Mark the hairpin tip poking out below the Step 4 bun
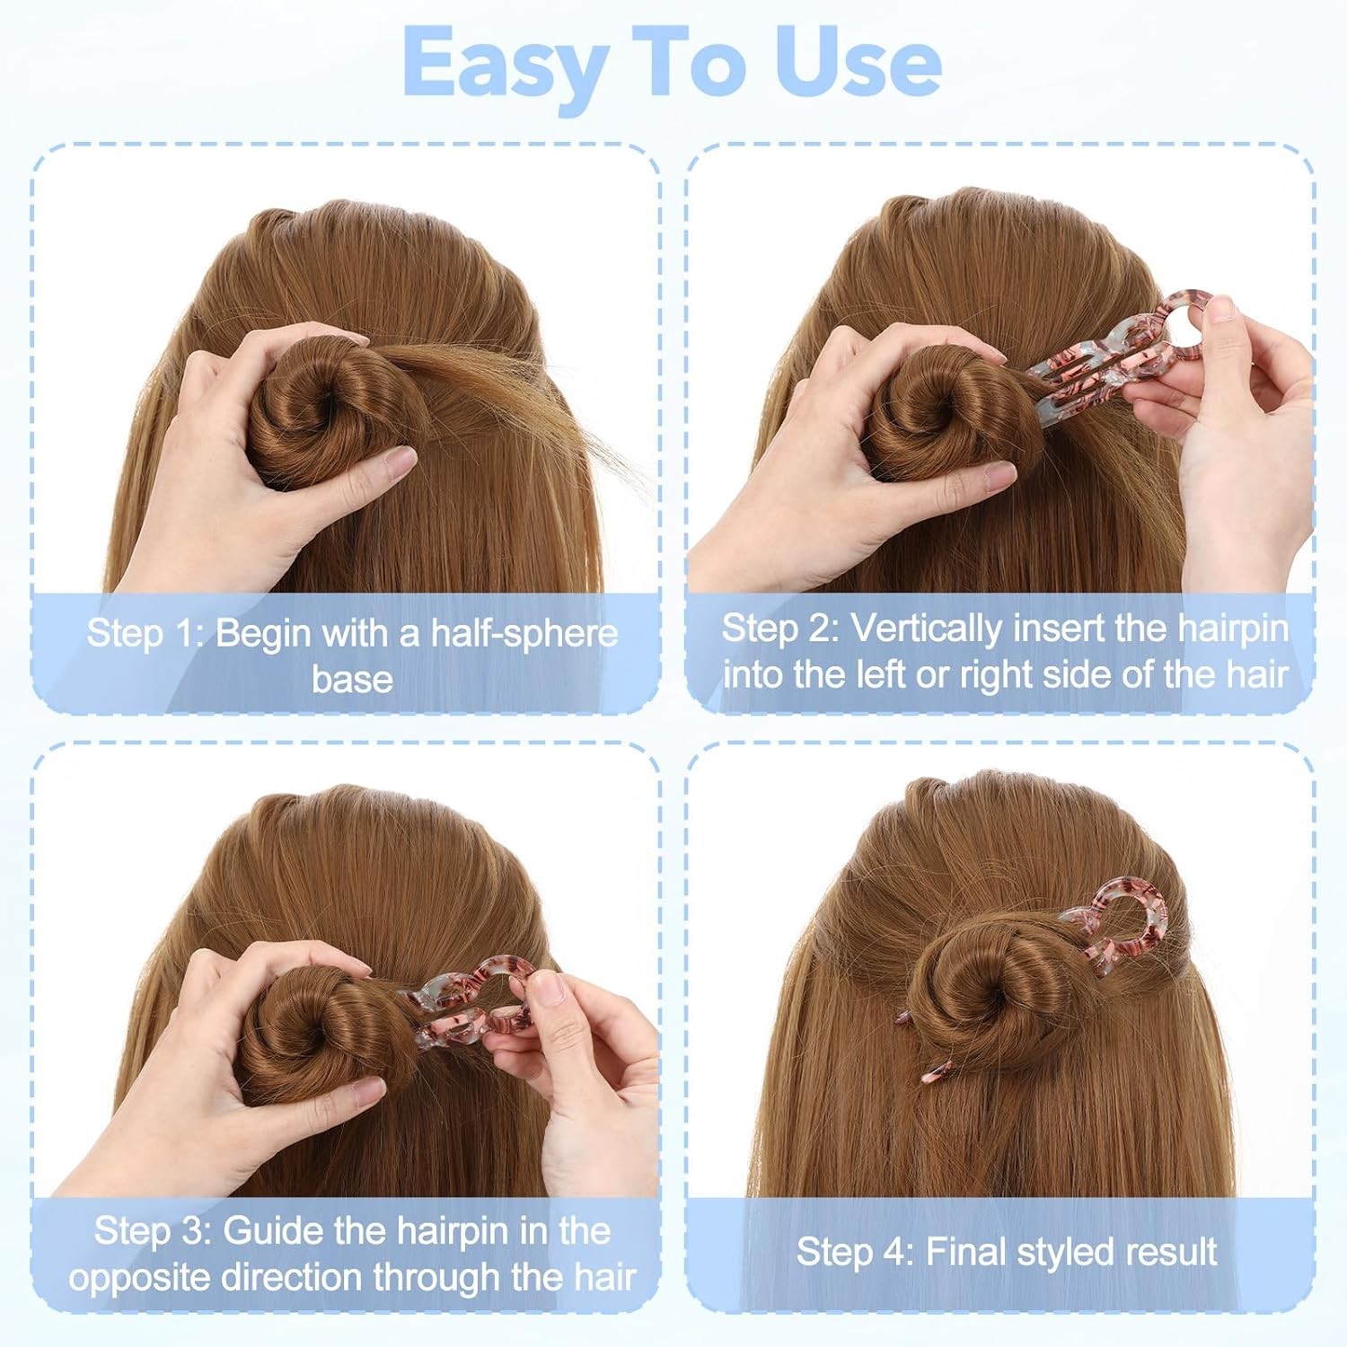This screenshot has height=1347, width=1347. tap(938, 1070)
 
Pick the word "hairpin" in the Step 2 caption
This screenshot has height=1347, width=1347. tap(1234, 629)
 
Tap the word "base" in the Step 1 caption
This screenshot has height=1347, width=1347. tap(352, 679)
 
